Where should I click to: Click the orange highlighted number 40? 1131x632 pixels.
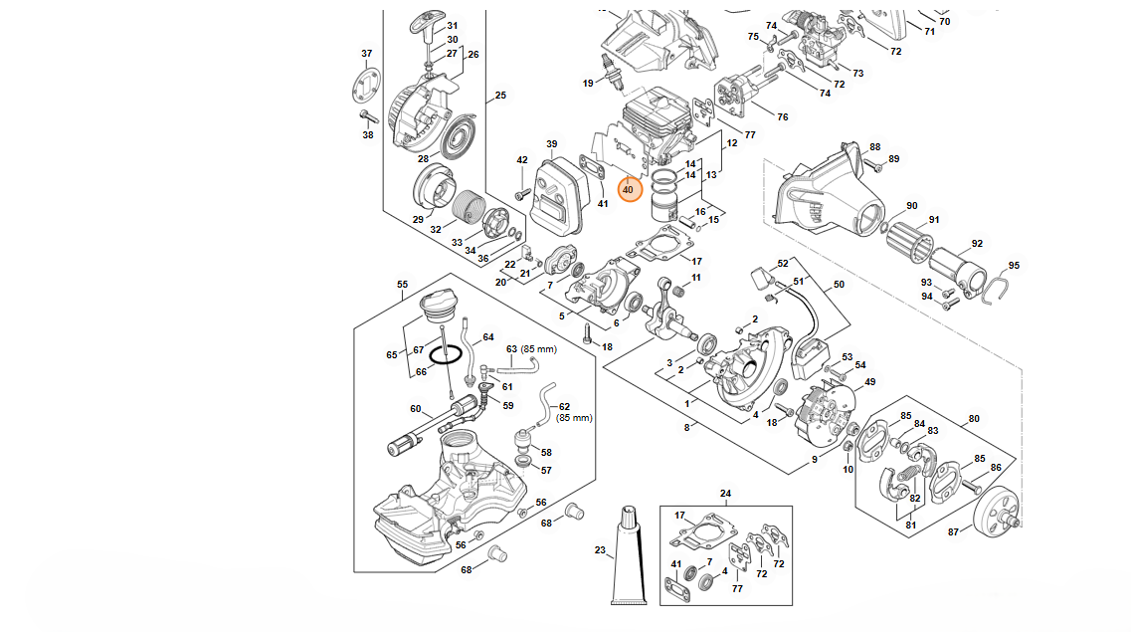click(x=628, y=189)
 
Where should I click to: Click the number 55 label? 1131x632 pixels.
click(x=402, y=285)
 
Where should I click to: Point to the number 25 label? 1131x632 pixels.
click(x=500, y=96)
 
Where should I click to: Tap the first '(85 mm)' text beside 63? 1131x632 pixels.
click(x=538, y=349)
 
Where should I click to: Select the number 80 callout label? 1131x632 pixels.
click(x=974, y=419)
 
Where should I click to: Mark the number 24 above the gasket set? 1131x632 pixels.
click(x=725, y=494)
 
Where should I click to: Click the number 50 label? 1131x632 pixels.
click(x=839, y=285)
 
